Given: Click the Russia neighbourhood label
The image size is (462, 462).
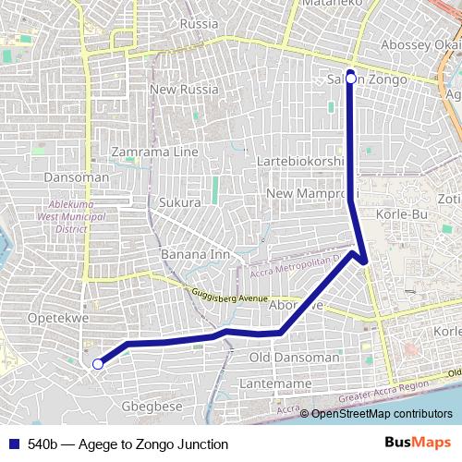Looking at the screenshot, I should (200, 23).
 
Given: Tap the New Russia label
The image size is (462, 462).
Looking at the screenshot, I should (184, 90).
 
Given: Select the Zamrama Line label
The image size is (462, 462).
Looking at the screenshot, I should (154, 152).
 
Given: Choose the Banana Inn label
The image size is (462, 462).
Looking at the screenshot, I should (195, 254).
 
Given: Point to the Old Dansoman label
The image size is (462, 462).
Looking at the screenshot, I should (295, 358).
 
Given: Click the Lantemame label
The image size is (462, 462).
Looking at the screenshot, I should (274, 383).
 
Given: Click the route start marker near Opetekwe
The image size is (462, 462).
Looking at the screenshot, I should (97, 364).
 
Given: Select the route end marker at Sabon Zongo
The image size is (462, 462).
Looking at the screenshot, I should (351, 79).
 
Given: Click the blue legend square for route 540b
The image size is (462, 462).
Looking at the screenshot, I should (12, 444).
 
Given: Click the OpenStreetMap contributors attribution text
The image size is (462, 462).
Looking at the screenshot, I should (382, 414).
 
